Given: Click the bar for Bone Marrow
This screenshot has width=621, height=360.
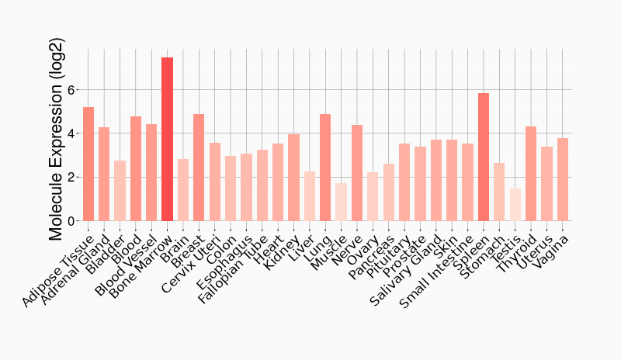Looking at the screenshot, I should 167,140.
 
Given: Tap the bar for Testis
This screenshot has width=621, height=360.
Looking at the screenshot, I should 515,205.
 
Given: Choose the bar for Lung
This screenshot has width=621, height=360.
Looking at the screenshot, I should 325,168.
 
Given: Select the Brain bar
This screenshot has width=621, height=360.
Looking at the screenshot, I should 182,190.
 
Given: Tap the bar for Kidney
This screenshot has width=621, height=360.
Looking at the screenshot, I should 293,178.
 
